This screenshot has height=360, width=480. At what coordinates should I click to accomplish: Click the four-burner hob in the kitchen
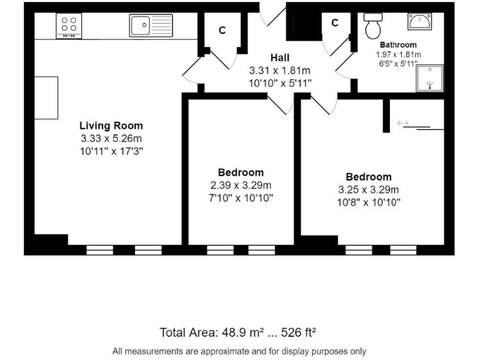point(69,26)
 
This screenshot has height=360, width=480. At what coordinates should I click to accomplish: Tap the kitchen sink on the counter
point(151,26)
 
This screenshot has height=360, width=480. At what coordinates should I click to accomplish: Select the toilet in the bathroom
point(374,24)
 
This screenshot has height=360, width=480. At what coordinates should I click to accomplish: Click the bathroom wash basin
point(418,22)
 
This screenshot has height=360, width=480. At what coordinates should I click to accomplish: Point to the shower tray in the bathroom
point(430,78)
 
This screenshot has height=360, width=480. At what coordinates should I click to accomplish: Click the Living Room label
point(111,126)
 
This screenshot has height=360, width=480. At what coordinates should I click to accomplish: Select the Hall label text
point(279,58)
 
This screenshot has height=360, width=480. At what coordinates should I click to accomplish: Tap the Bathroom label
point(398,45)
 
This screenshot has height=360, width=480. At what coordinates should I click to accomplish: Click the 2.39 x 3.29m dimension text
point(241,185)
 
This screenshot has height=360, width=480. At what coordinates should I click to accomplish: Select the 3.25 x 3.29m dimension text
point(369,189)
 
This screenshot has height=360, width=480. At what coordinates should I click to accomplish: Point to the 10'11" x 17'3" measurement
point(111,151)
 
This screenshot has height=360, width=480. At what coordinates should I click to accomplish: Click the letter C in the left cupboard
point(222,30)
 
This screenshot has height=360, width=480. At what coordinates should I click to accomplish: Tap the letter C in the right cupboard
point(334,23)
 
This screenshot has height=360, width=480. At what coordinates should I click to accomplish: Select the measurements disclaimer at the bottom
point(239,351)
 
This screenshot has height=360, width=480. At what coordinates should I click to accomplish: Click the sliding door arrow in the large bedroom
point(403,124)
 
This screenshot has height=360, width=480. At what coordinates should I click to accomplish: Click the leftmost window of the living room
point(99,250)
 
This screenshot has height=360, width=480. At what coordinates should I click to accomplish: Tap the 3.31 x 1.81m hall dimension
point(279,71)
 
